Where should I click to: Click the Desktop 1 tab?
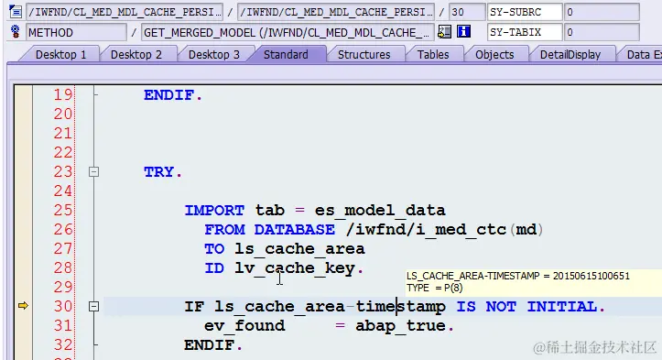pyautogui.click(x=60, y=54)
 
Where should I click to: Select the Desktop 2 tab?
pyautogui.click(x=136, y=54)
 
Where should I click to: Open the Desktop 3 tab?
pyautogui.click(x=213, y=54)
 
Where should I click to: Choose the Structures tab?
pyautogui.click(x=364, y=54)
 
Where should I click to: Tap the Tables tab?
pyautogui.click(x=433, y=54)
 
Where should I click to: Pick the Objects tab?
pyautogui.click(x=494, y=54)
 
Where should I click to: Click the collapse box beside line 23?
pyautogui.click(x=92, y=171)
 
